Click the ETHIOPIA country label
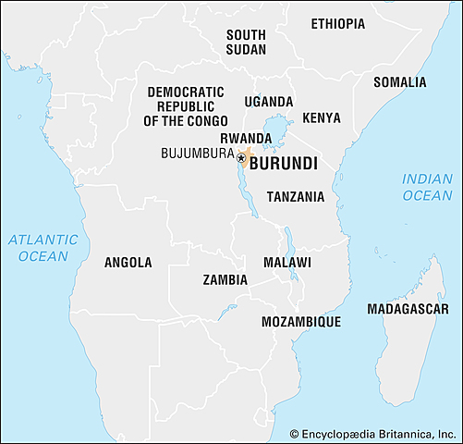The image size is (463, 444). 337,23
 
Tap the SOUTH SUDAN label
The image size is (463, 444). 246,42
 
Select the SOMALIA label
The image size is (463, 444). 400,82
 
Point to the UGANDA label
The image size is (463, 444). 269,102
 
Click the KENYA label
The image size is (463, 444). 321,118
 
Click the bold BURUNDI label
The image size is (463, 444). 284,163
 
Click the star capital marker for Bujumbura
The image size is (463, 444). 240,158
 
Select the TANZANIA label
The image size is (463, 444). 296,196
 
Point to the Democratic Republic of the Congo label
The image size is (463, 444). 184,106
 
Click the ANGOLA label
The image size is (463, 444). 128,263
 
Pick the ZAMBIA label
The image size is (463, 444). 225,279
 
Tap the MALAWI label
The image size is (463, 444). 287,263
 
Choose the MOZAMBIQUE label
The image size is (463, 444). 301,322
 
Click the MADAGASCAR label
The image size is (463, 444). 408,308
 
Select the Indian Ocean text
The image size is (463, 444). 427,187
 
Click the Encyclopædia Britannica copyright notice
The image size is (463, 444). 374,433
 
